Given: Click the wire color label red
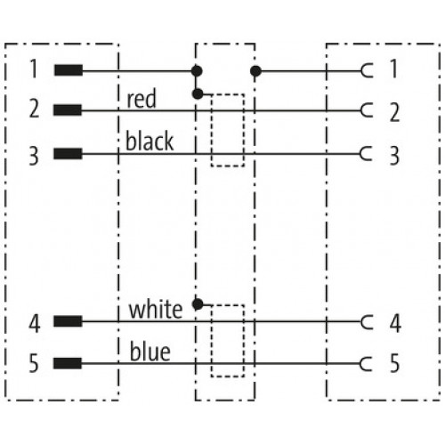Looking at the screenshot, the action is coord(142,99).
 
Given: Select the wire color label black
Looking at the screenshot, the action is coord(150,141).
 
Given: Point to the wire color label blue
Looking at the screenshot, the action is coord(150,352).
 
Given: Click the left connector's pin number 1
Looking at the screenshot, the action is coord(34,69).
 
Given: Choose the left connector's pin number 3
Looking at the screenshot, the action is coord(34,156).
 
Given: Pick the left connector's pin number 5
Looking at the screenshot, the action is coord(34,363).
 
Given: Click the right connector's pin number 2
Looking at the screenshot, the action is coord(394,112).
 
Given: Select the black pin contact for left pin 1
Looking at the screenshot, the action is coord(69,70).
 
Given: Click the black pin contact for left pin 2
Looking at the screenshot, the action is coord(68,109).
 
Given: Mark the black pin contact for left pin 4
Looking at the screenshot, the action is coord(68,321).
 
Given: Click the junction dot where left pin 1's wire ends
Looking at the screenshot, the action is coord(197,71).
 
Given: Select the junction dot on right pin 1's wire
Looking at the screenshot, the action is coord(255,71).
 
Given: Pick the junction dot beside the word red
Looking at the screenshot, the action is coord(198,94).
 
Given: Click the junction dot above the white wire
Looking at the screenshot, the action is coord(198,304).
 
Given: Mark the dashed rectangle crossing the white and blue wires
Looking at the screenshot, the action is coord(212,341).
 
